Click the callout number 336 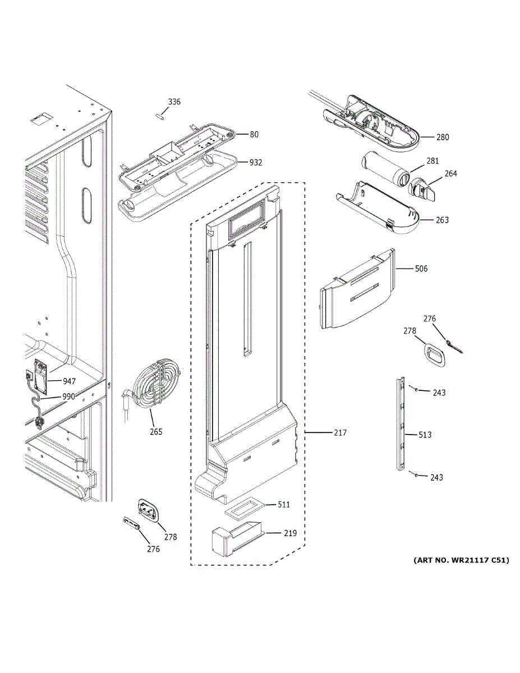tap(174, 102)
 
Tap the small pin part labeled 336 tap(159, 116)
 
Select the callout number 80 tap(254, 135)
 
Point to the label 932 tap(256, 162)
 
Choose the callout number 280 tap(443, 137)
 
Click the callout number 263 tap(442, 220)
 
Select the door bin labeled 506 tap(358, 289)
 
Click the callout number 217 tap(340, 432)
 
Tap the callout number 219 tap(290, 533)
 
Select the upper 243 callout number tap(439, 393)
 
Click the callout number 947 tap(69, 381)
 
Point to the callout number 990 tap(69, 397)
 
